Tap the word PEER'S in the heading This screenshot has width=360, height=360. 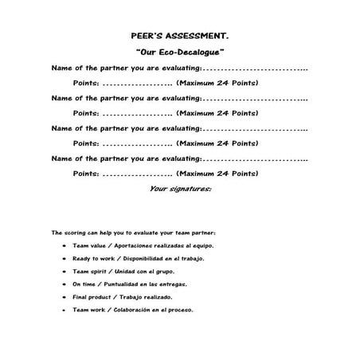click(x=147, y=35)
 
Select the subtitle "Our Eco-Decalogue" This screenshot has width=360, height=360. click(x=180, y=51)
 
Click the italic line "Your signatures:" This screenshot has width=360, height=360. click(x=180, y=189)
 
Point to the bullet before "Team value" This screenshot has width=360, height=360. click(x=63, y=246)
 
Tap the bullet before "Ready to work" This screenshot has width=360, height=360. click(x=63, y=259)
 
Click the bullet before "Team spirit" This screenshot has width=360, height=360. click(x=63, y=272)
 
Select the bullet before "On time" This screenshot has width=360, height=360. click(x=63, y=284)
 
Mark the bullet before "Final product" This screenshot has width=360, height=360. click(x=63, y=297)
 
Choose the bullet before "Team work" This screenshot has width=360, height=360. click(x=63, y=310)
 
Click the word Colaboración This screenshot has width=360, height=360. click(x=130, y=310)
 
